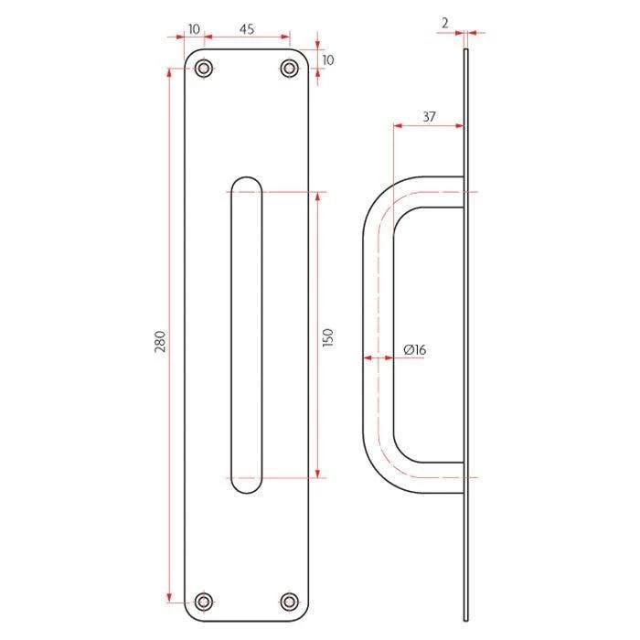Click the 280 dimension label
(x=161, y=342)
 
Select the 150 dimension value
(x=327, y=337)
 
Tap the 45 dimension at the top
(x=247, y=29)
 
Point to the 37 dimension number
(x=429, y=117)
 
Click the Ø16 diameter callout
(x=415, y=350)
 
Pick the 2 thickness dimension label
(x=445, y=23)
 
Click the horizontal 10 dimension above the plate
(x=194, y=29)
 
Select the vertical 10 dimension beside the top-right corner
(x=327, y=60)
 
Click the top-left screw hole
(x=204, y=69)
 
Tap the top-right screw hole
(x=290, y=69)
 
